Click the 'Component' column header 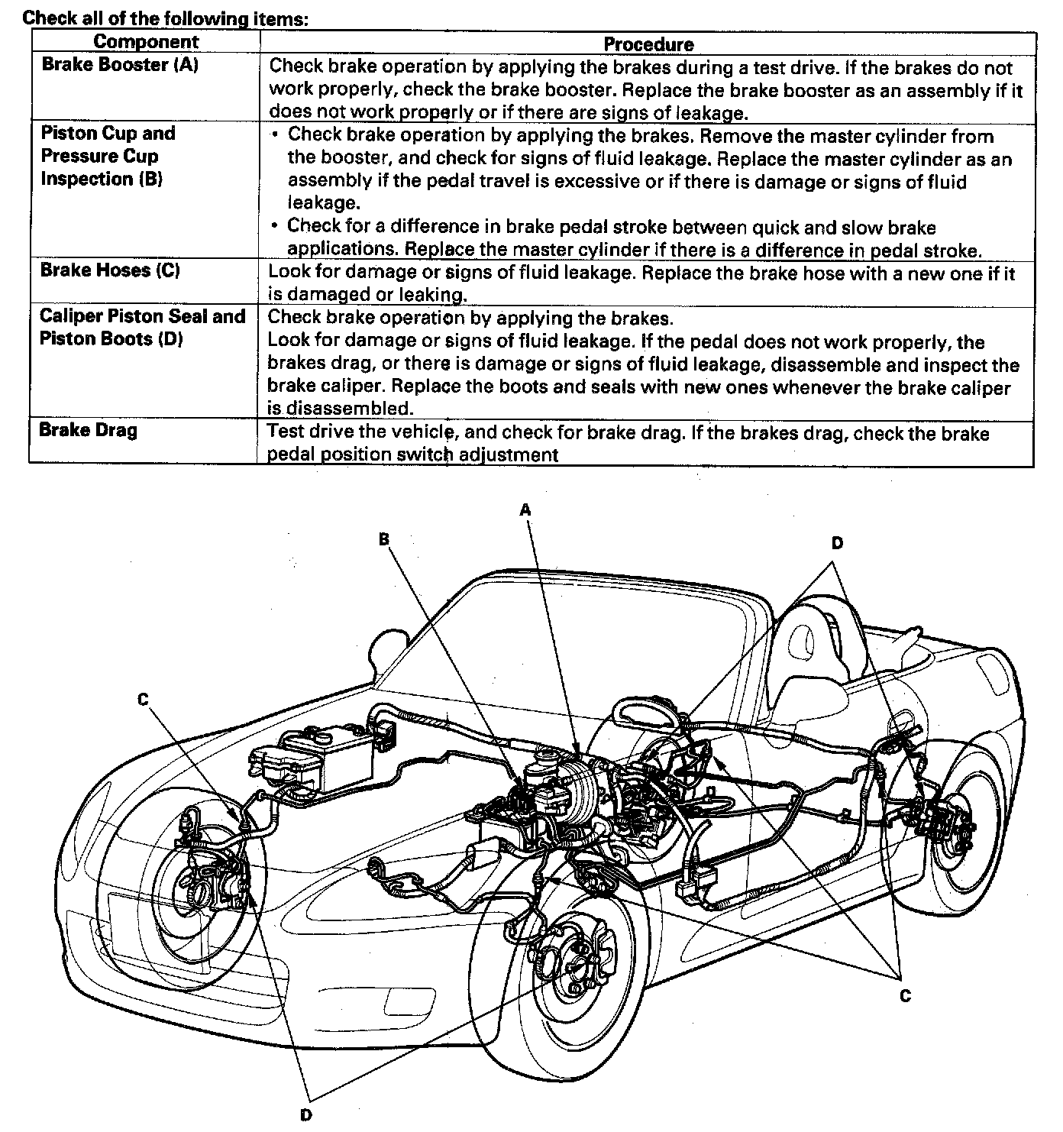(x=145, y=42)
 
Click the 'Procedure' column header (x=648, y=44)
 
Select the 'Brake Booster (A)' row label (x=120, y=65)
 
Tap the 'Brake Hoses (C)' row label (x=110, y=270)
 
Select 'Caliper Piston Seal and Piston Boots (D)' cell (x=142, y=327)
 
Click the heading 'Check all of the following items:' (x=166, y=18)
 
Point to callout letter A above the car (x=525, y=509)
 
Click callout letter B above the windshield (x=384, y=539)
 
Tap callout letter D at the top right (x=837, y=543)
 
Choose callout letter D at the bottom (x=306, y=1114)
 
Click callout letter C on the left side (x=143, y=699)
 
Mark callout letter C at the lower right (x=905, y=995)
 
